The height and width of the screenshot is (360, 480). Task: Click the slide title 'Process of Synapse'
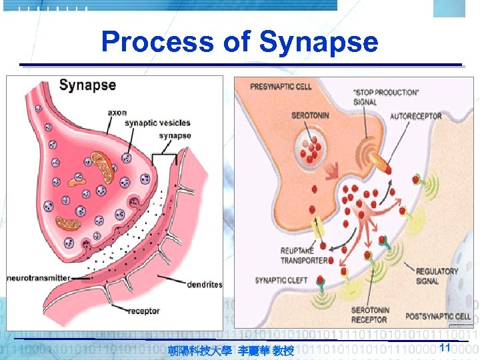pos(239,42)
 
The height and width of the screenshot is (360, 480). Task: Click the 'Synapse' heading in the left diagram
pos(87,85)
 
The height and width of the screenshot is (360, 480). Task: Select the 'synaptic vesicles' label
pos(158,123)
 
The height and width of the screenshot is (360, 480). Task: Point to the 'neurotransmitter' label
pos(39,277)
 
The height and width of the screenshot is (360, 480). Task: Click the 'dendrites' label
pos(205,285)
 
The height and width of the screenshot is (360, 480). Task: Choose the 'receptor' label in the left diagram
pos(144,310)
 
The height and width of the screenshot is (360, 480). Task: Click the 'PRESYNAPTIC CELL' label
pos(281,87)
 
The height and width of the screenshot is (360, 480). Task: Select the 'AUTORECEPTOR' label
pos(416,116)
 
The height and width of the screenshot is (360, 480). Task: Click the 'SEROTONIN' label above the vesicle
pos(309,115)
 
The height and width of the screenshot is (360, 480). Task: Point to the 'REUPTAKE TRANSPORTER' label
pos(303,255)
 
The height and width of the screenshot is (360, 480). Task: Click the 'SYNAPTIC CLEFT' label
pos(282,280)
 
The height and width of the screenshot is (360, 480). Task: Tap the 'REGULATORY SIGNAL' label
pos(437,276)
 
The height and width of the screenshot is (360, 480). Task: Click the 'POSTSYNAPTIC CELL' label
pos(438,316)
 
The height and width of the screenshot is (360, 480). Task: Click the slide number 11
pos(446,347)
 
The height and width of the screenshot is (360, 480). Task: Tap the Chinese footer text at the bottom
pos(231,350)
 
